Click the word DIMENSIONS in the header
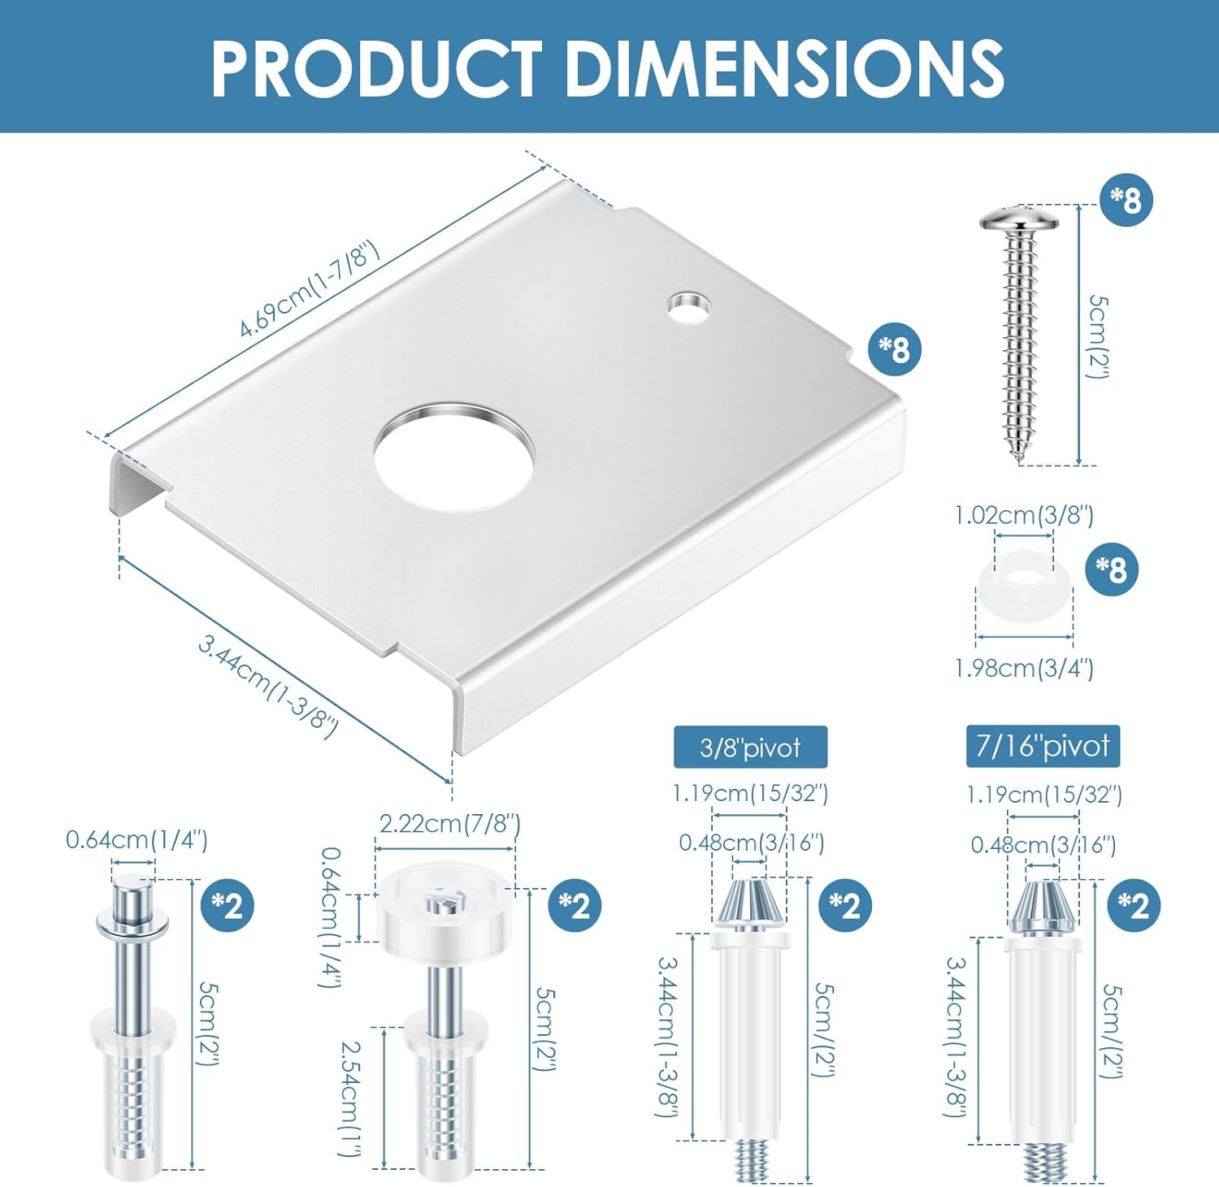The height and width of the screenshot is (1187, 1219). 784,69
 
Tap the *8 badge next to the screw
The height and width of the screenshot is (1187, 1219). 1126,199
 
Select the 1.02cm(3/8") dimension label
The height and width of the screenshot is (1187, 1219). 1023,515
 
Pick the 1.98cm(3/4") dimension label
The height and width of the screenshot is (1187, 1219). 1023,668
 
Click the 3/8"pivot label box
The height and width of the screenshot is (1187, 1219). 750,747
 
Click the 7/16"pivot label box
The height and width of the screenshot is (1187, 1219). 1043,746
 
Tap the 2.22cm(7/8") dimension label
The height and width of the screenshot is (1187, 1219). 449,824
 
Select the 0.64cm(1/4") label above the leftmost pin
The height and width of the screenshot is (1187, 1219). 137,839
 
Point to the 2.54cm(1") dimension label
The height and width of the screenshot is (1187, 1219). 352,1097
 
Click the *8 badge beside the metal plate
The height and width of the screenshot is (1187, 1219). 895,349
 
